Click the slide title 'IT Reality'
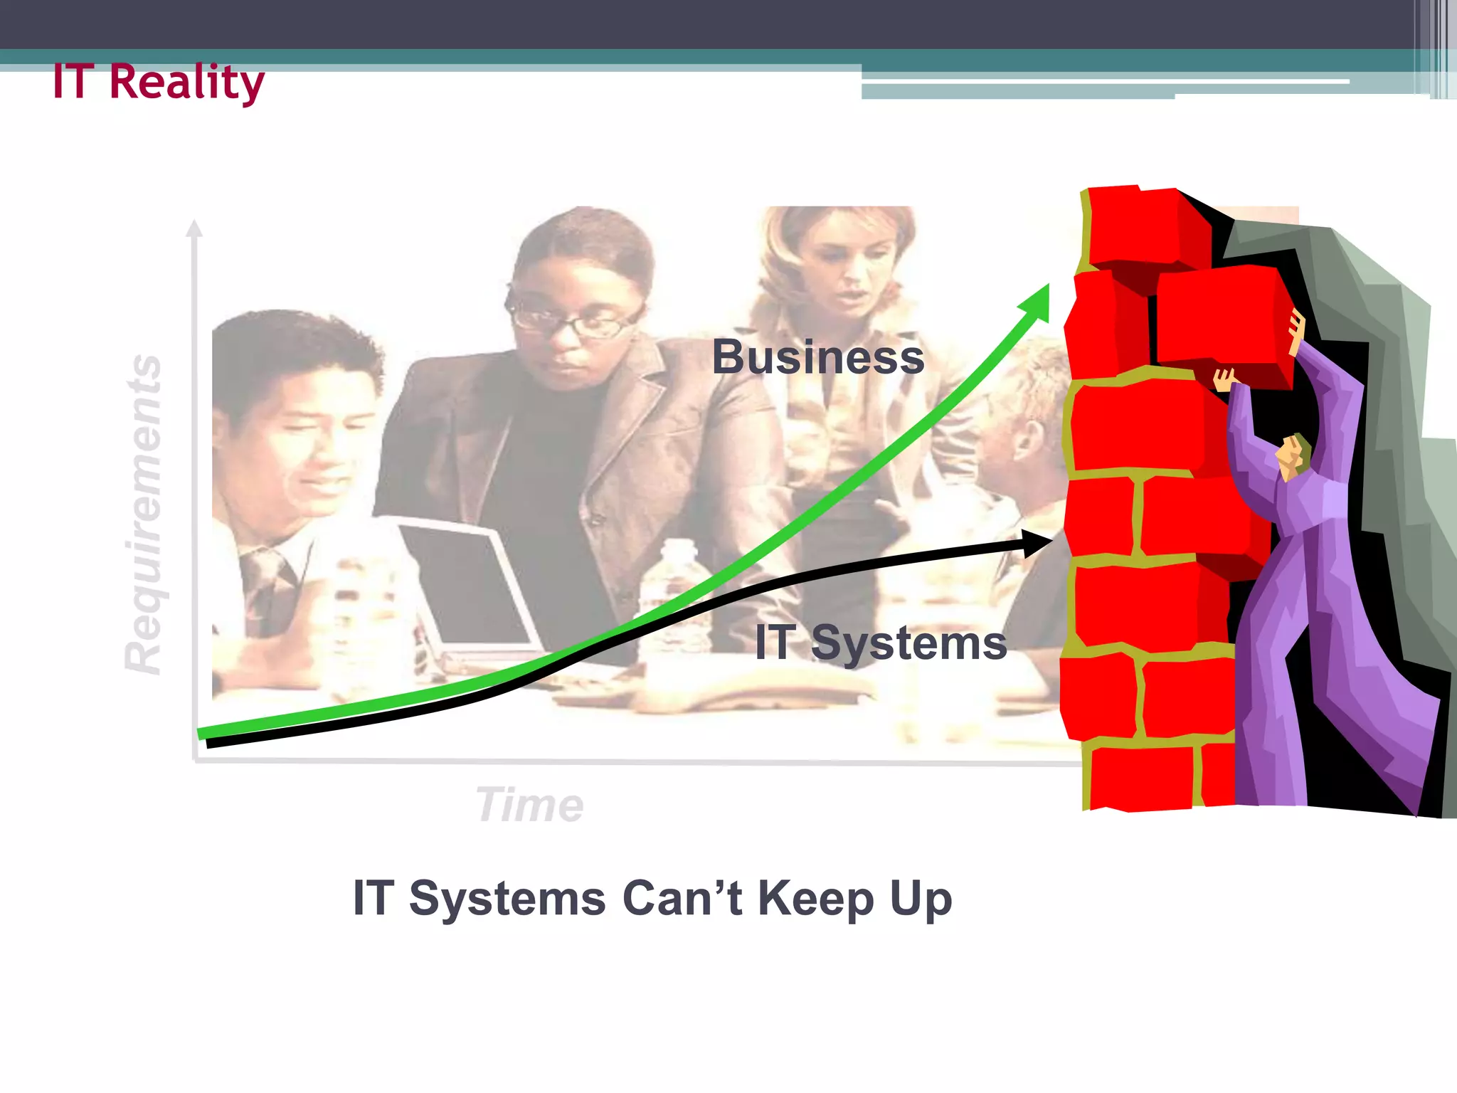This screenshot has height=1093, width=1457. pos(158,82)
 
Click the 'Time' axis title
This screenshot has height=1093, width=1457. pos(530,805)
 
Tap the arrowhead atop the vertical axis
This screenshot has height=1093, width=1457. pos(194,228)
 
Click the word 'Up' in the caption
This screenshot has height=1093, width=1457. pos(921,899)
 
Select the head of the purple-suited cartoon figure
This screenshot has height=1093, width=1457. pos(1294,455)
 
